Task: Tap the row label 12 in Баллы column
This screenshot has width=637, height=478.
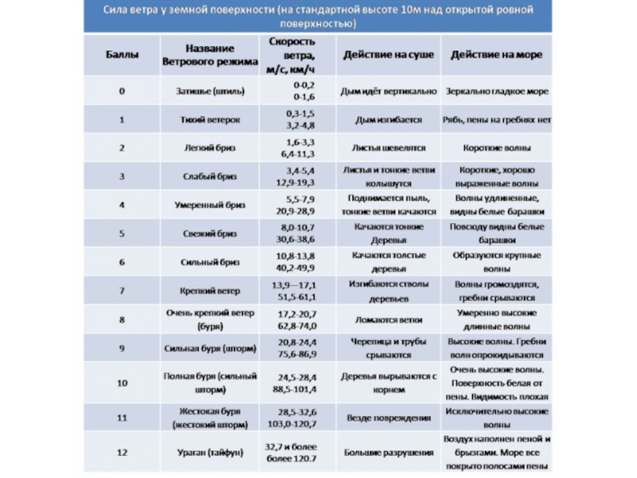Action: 122,453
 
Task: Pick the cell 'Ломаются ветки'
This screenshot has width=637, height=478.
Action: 389,319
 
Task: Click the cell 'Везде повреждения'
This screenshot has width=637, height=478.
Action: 389,417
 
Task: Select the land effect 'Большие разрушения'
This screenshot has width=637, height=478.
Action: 389,453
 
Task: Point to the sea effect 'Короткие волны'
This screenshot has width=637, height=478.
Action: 497,148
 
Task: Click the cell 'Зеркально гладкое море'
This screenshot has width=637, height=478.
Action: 497,91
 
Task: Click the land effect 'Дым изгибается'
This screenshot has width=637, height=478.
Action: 389,119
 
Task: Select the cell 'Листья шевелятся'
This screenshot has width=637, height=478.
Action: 389,148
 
